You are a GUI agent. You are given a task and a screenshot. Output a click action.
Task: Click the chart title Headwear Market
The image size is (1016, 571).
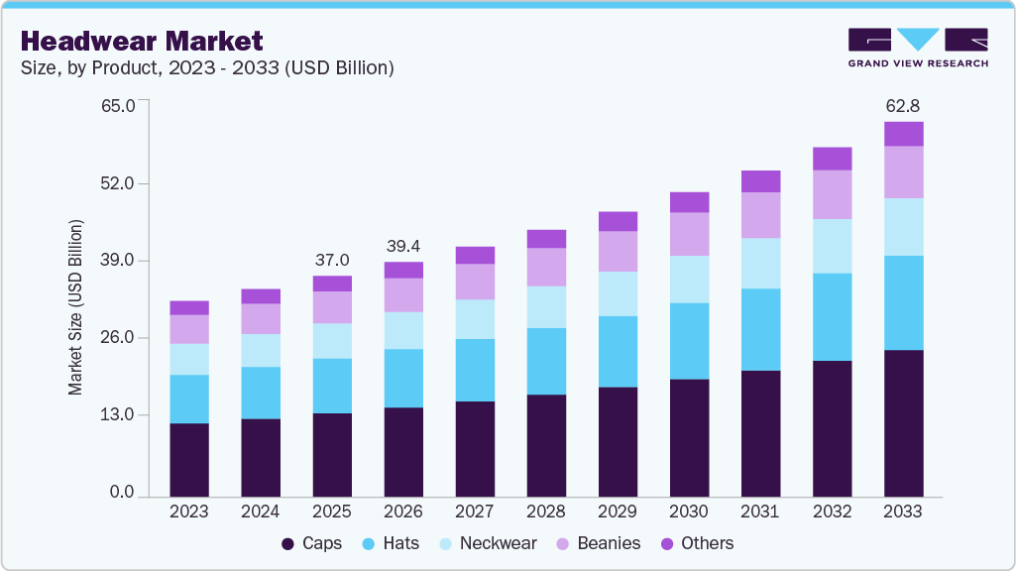point(142,42)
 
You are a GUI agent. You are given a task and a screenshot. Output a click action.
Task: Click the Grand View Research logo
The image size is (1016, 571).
point(917,48)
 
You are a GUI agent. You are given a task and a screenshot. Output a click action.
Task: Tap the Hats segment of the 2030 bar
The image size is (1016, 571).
point(689,341)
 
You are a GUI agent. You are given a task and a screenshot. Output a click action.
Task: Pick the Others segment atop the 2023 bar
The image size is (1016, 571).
point(189,307)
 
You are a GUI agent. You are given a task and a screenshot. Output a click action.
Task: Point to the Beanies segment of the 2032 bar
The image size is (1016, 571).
point(832,194)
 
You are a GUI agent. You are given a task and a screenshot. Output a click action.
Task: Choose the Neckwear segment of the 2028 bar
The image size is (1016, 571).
point(546,306)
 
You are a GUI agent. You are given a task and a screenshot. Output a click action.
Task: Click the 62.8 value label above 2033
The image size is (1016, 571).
point(903,105)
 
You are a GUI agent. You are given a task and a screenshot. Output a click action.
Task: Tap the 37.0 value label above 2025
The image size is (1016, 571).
point(332,260)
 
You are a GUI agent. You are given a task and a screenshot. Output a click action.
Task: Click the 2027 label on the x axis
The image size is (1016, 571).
point(475,512)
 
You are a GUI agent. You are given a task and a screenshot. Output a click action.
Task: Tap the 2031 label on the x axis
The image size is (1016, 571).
point(760,512)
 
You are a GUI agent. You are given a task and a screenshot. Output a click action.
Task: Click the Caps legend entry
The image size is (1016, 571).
point(312,543)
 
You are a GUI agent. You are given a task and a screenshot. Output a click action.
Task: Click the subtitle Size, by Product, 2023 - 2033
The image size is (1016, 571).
point(207,67)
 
